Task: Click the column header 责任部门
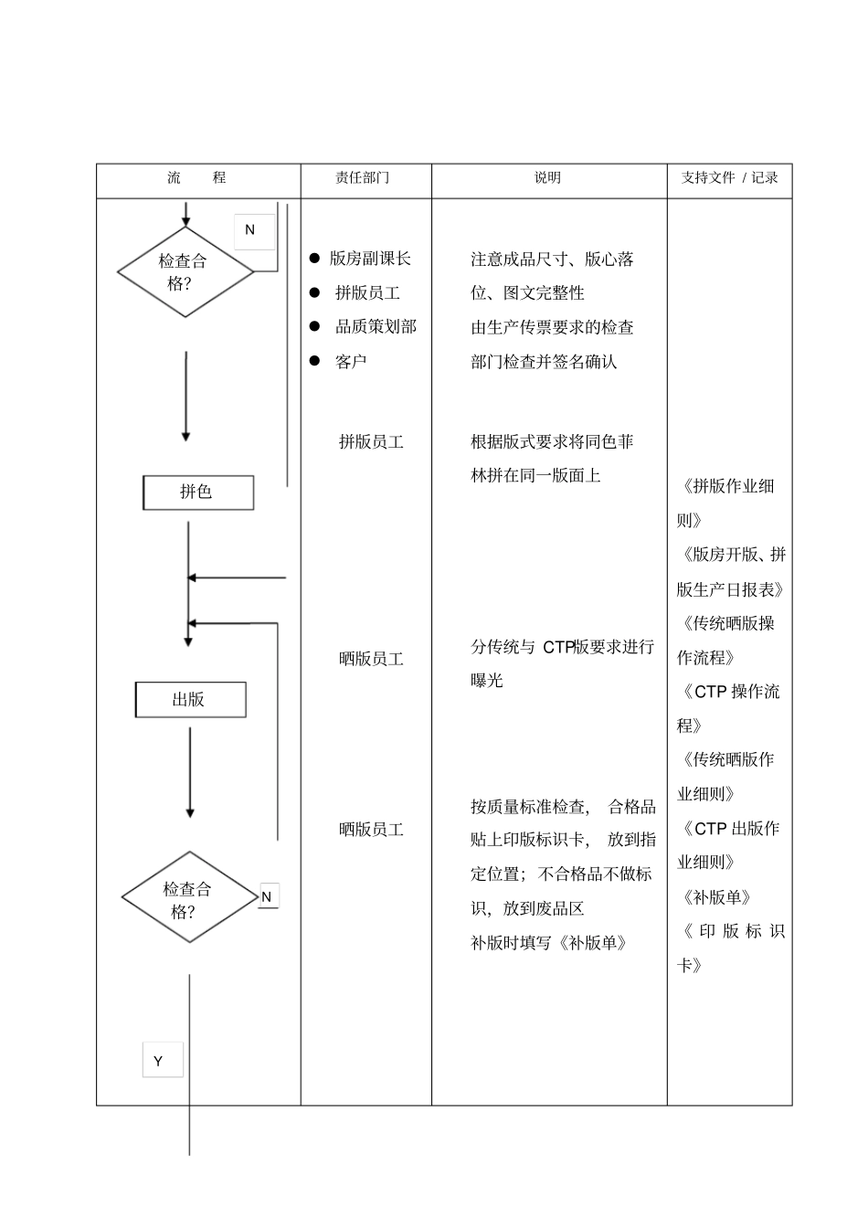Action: pyautogui.click(x=363, y=178)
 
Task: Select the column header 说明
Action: pyautogui.click(x=548, y=178)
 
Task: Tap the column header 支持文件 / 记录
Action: pyautogui.click(x=729, y=178)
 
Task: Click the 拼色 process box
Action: pyautogui.click(x=197, y=493)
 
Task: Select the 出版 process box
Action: pyautogui.click(x=190, y=700)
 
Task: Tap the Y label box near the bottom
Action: pyautogui.click(x=162, y=1060)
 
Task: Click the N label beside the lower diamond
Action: pyautogui.click(x=267, y=896)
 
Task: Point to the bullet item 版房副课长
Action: pyautogui.click(x=370, y=259)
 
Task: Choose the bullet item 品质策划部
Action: pyautogui.click(x=376, y=326)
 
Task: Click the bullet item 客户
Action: pyautogui.click(x=351, y=362)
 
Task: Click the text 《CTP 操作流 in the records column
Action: pyautogui.click(x=728, y=692)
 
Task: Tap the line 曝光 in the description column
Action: pyautogui.click(x=487, y=681)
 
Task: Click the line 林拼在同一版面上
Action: pyautogui.click(x=535, y=475)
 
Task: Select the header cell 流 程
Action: pyautogui.click(x=196, y=178)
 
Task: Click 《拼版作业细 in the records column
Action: pyautogui.click(x=726, y=486)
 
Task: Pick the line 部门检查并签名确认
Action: pyautogui.click(x=544, y=362)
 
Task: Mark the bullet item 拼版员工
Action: pyautogui.click(x=367, y=293)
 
